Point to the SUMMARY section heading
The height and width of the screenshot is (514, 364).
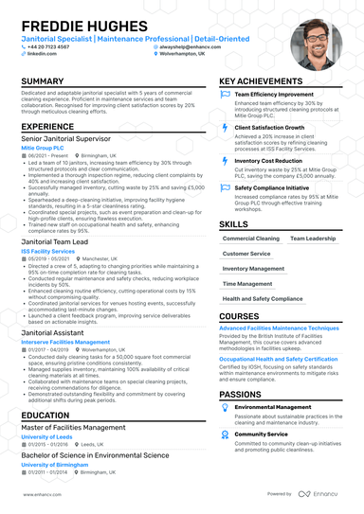pos(42,82)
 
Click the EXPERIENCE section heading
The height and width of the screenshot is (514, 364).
pos(47,126)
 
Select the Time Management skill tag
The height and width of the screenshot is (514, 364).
pos(248,283)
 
